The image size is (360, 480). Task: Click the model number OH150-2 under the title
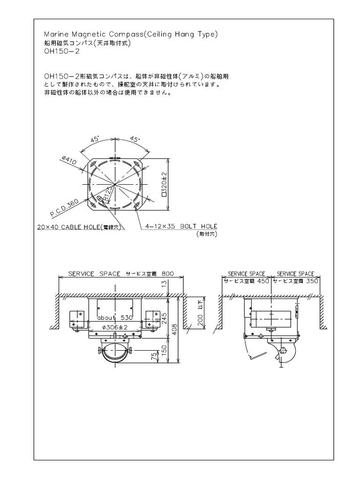tap(61, 52)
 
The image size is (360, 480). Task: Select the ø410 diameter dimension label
tap(69, 161)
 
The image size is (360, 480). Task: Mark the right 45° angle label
tap(135, 139)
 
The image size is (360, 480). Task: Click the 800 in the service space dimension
tap(168, 273)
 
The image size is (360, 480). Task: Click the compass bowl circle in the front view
tap(115, 352)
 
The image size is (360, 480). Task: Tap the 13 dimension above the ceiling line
tap(164, 283)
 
